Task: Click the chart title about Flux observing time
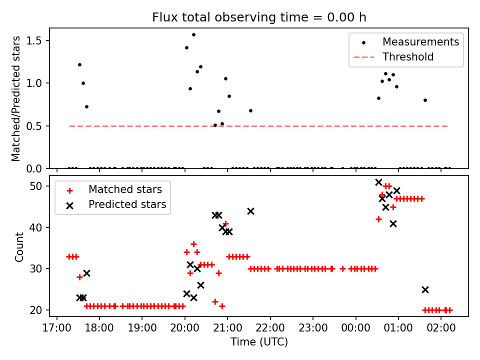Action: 259,17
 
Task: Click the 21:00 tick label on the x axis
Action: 227,330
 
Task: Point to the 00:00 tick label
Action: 355,330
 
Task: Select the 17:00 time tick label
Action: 56,330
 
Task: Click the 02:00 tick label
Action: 441,330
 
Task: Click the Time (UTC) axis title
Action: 259,342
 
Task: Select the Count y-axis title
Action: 19,246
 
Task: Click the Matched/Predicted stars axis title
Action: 16,98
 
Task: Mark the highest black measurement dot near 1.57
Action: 193,34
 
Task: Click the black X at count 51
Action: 378,182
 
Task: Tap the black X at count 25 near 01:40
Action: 425,289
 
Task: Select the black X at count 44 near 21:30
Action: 250,211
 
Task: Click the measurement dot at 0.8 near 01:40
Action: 425,100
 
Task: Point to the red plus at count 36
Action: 193,244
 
